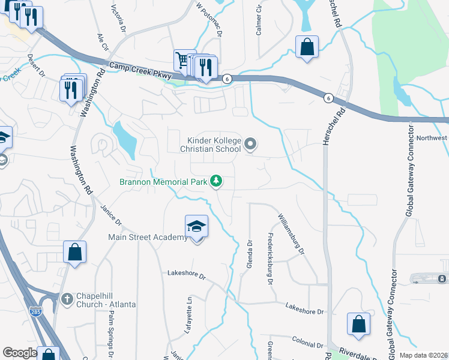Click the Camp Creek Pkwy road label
pyautogui.click(x=140, y=70)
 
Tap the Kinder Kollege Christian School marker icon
pyautogui.click(x=251, y=143)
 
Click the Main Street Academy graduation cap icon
pyautogui.click(x=196, y=226)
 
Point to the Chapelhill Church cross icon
pyautogui.click(x=67, y=298)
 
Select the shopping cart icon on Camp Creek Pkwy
pyautogui.click(x=182, y=59)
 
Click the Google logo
pyautogui.click(x=20, y=353)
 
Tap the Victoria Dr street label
pyautogui.click(x=119, y=19)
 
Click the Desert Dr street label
pyautogui.click(x=36, y=67)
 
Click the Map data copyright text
pyautogui.click(x=424, y=355)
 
